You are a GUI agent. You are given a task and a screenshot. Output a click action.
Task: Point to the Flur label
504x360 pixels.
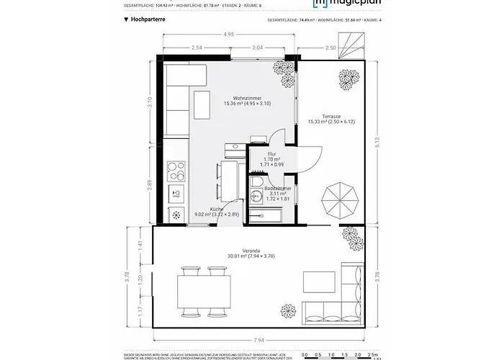pyautogui.click(x=272, y=154)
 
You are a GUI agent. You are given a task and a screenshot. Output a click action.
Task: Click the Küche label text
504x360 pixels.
pyautogui.click(x=217, y=208)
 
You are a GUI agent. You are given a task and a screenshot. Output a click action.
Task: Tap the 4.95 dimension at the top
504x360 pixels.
pyautogui.click(x=228, y=34)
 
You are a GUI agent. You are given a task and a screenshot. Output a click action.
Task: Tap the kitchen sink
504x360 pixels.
pyautogui.click(x=176, y=193)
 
